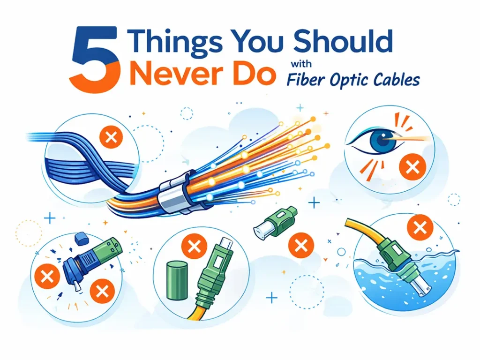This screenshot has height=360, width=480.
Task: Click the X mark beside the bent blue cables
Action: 111,137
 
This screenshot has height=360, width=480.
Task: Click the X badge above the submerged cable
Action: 420,228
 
